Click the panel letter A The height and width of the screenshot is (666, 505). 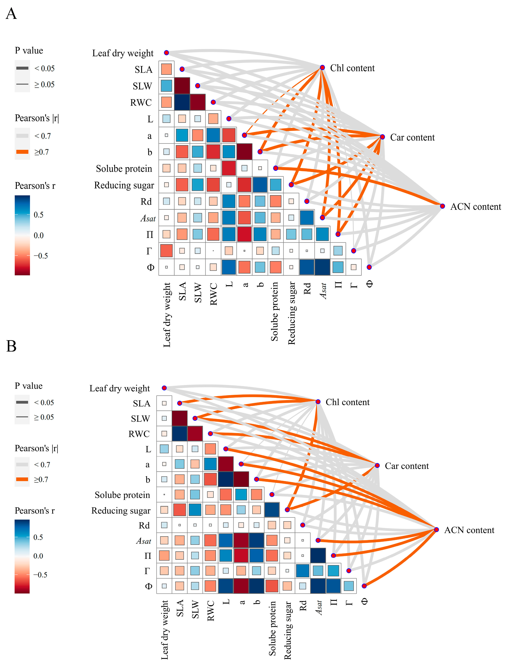coord(12,14)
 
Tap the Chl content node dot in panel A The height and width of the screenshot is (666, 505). coord(322,67)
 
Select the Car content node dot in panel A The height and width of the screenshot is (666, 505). coord(382,137)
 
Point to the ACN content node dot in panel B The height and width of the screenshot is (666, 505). coord(436,530)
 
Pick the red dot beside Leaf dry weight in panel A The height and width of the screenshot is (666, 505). coord(166,53)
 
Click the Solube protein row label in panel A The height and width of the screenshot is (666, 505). coord(124,169)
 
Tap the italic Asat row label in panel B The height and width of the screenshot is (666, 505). coord(143,541)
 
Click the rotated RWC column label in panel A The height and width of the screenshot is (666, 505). coord(213,294)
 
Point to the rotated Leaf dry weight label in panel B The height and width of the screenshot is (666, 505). coord(164,629)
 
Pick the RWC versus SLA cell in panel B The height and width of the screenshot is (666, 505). coord(179,434)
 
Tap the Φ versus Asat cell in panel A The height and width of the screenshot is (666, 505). coord(322,267)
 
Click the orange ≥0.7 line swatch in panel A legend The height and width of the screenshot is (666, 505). coord(22,152)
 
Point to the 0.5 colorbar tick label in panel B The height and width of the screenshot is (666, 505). coord(38,537)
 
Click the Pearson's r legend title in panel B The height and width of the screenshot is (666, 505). coord(35,511)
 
